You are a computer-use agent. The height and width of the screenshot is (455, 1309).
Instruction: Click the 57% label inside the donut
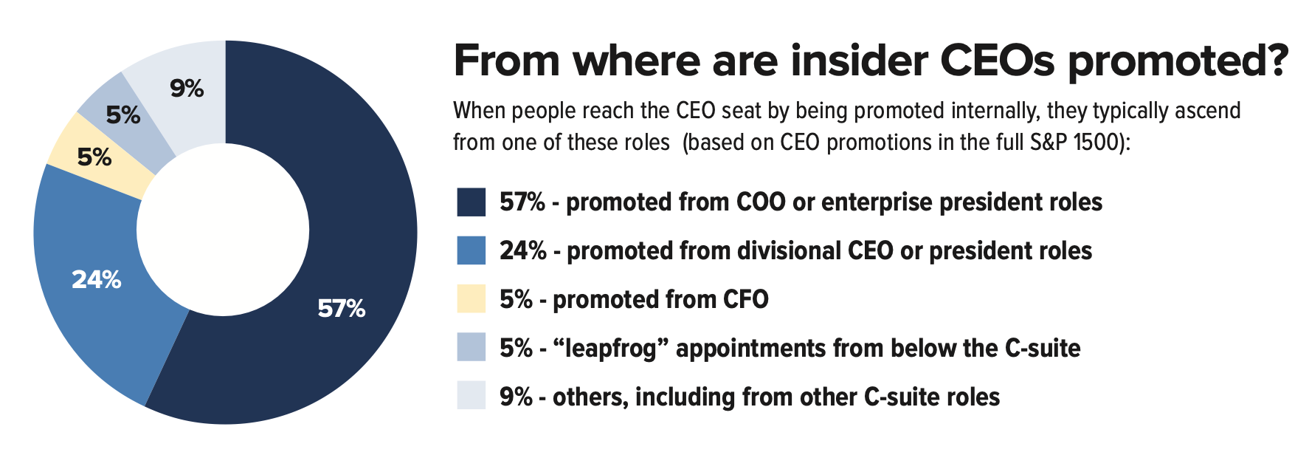[341, 309]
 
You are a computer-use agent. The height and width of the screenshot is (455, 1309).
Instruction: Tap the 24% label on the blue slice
[96, 280]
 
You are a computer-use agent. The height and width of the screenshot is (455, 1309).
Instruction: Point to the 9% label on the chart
[187, 89]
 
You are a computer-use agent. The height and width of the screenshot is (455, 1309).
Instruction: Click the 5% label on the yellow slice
[94, 157]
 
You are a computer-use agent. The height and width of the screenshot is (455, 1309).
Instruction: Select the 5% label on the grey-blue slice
[123, 115]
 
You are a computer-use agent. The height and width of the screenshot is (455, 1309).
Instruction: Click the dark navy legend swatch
[471, 202]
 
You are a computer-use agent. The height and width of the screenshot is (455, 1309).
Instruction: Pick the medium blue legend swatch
[471, 251]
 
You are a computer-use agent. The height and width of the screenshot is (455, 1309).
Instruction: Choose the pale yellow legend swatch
[471, 299]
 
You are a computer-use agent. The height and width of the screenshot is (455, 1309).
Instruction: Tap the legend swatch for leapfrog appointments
[471, 347]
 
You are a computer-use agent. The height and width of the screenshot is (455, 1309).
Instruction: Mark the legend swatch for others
[471, 396]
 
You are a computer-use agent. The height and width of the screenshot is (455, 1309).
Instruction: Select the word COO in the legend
[761, 202]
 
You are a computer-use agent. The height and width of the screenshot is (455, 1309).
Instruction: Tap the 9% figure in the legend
[516, 397]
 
